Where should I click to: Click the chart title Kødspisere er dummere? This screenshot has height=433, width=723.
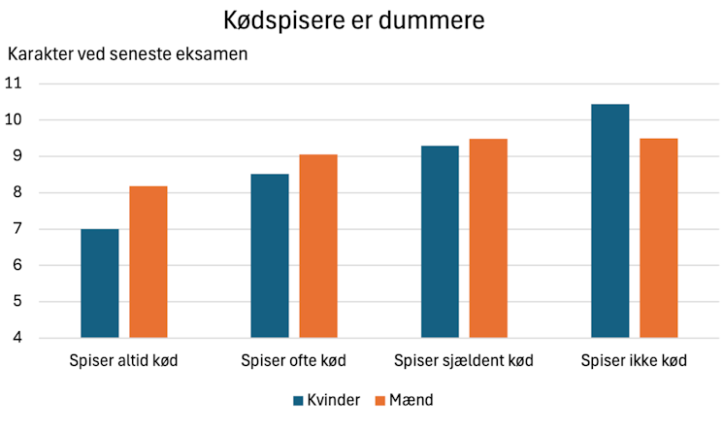[362, 20]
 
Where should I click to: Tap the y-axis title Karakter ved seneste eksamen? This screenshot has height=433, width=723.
[128, 53]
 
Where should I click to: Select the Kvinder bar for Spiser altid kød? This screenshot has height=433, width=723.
[100, 283]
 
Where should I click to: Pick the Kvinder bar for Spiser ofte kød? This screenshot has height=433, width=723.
[270, 256]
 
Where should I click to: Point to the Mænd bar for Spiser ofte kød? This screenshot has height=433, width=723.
[318, 247]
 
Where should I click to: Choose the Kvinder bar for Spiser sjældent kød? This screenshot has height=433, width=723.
[440, 242]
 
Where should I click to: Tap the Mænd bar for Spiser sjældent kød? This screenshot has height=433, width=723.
[488, 239]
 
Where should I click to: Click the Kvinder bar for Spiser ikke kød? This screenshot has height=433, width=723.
[609, 221]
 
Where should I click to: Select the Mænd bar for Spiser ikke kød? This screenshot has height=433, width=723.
[658, 239]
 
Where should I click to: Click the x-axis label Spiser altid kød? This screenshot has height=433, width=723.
[124, 361]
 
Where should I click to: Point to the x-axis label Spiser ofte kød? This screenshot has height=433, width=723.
[294, 361]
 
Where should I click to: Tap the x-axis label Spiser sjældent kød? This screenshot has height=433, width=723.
[464, 361]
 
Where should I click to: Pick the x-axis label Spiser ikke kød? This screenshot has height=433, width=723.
[634, 361]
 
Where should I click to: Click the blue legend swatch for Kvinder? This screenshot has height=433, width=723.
[299, 400]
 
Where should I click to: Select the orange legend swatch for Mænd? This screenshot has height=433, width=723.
[380, 400]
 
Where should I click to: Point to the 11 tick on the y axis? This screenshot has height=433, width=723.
[14, 83]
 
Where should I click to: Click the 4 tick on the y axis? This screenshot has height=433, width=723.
[16, 338]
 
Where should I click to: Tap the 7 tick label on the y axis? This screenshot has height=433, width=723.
[16, 229]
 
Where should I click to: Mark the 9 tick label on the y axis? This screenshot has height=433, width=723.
[16, 156]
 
